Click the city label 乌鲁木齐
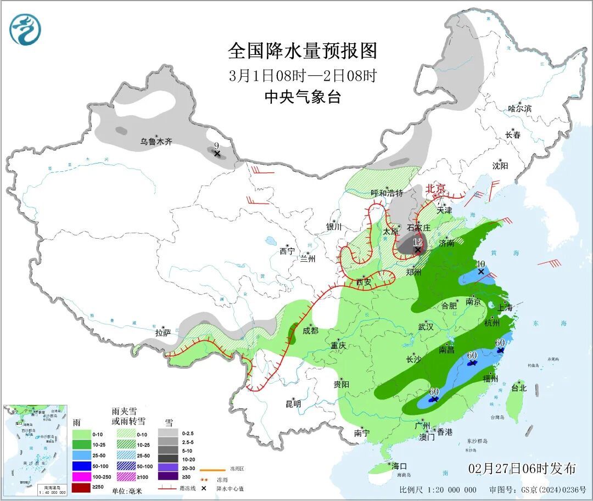coord(156,142)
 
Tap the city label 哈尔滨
coord(519,109)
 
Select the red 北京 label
coord(436,188)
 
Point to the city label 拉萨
coord(163,333)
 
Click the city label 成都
coord(310,330)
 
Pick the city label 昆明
coord(293,404)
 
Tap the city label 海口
coord(399,466)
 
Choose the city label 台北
coord(519,388)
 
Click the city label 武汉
coord(426,327)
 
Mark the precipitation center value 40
coord(480,264)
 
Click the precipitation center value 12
coord(418,241)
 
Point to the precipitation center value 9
coord(217,145)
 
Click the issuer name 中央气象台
coord(303,97)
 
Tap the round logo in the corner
coord(25,30)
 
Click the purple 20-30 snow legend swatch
coord(168,468)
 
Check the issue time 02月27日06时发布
coord(522,469)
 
